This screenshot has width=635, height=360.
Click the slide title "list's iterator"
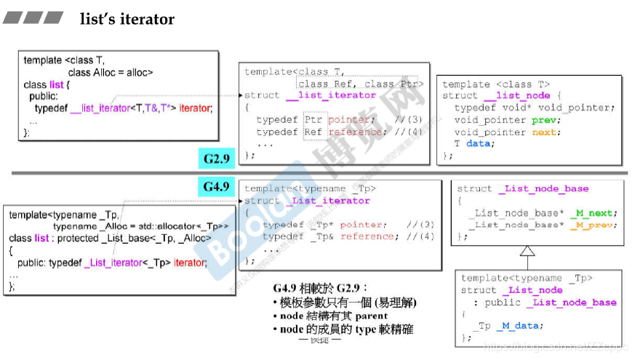click(127, 20)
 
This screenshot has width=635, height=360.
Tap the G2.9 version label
click(217, 157)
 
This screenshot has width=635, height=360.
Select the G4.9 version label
click(217, 188)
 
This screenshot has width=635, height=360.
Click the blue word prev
click(546, 120)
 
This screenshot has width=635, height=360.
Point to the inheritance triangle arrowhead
click(527, 252)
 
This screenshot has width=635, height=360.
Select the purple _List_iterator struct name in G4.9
click(330, 201)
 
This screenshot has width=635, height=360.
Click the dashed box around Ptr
click(313, 120)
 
